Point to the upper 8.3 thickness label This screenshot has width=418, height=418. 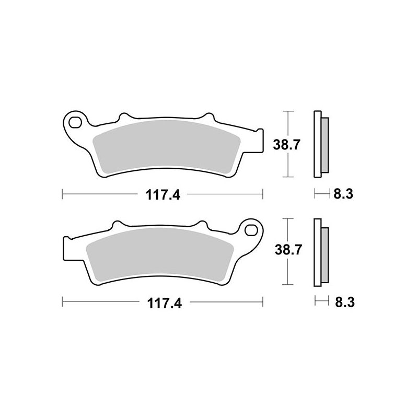(343, 195)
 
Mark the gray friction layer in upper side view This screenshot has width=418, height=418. (324, 144)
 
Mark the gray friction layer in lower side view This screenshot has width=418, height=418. (324, 252)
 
